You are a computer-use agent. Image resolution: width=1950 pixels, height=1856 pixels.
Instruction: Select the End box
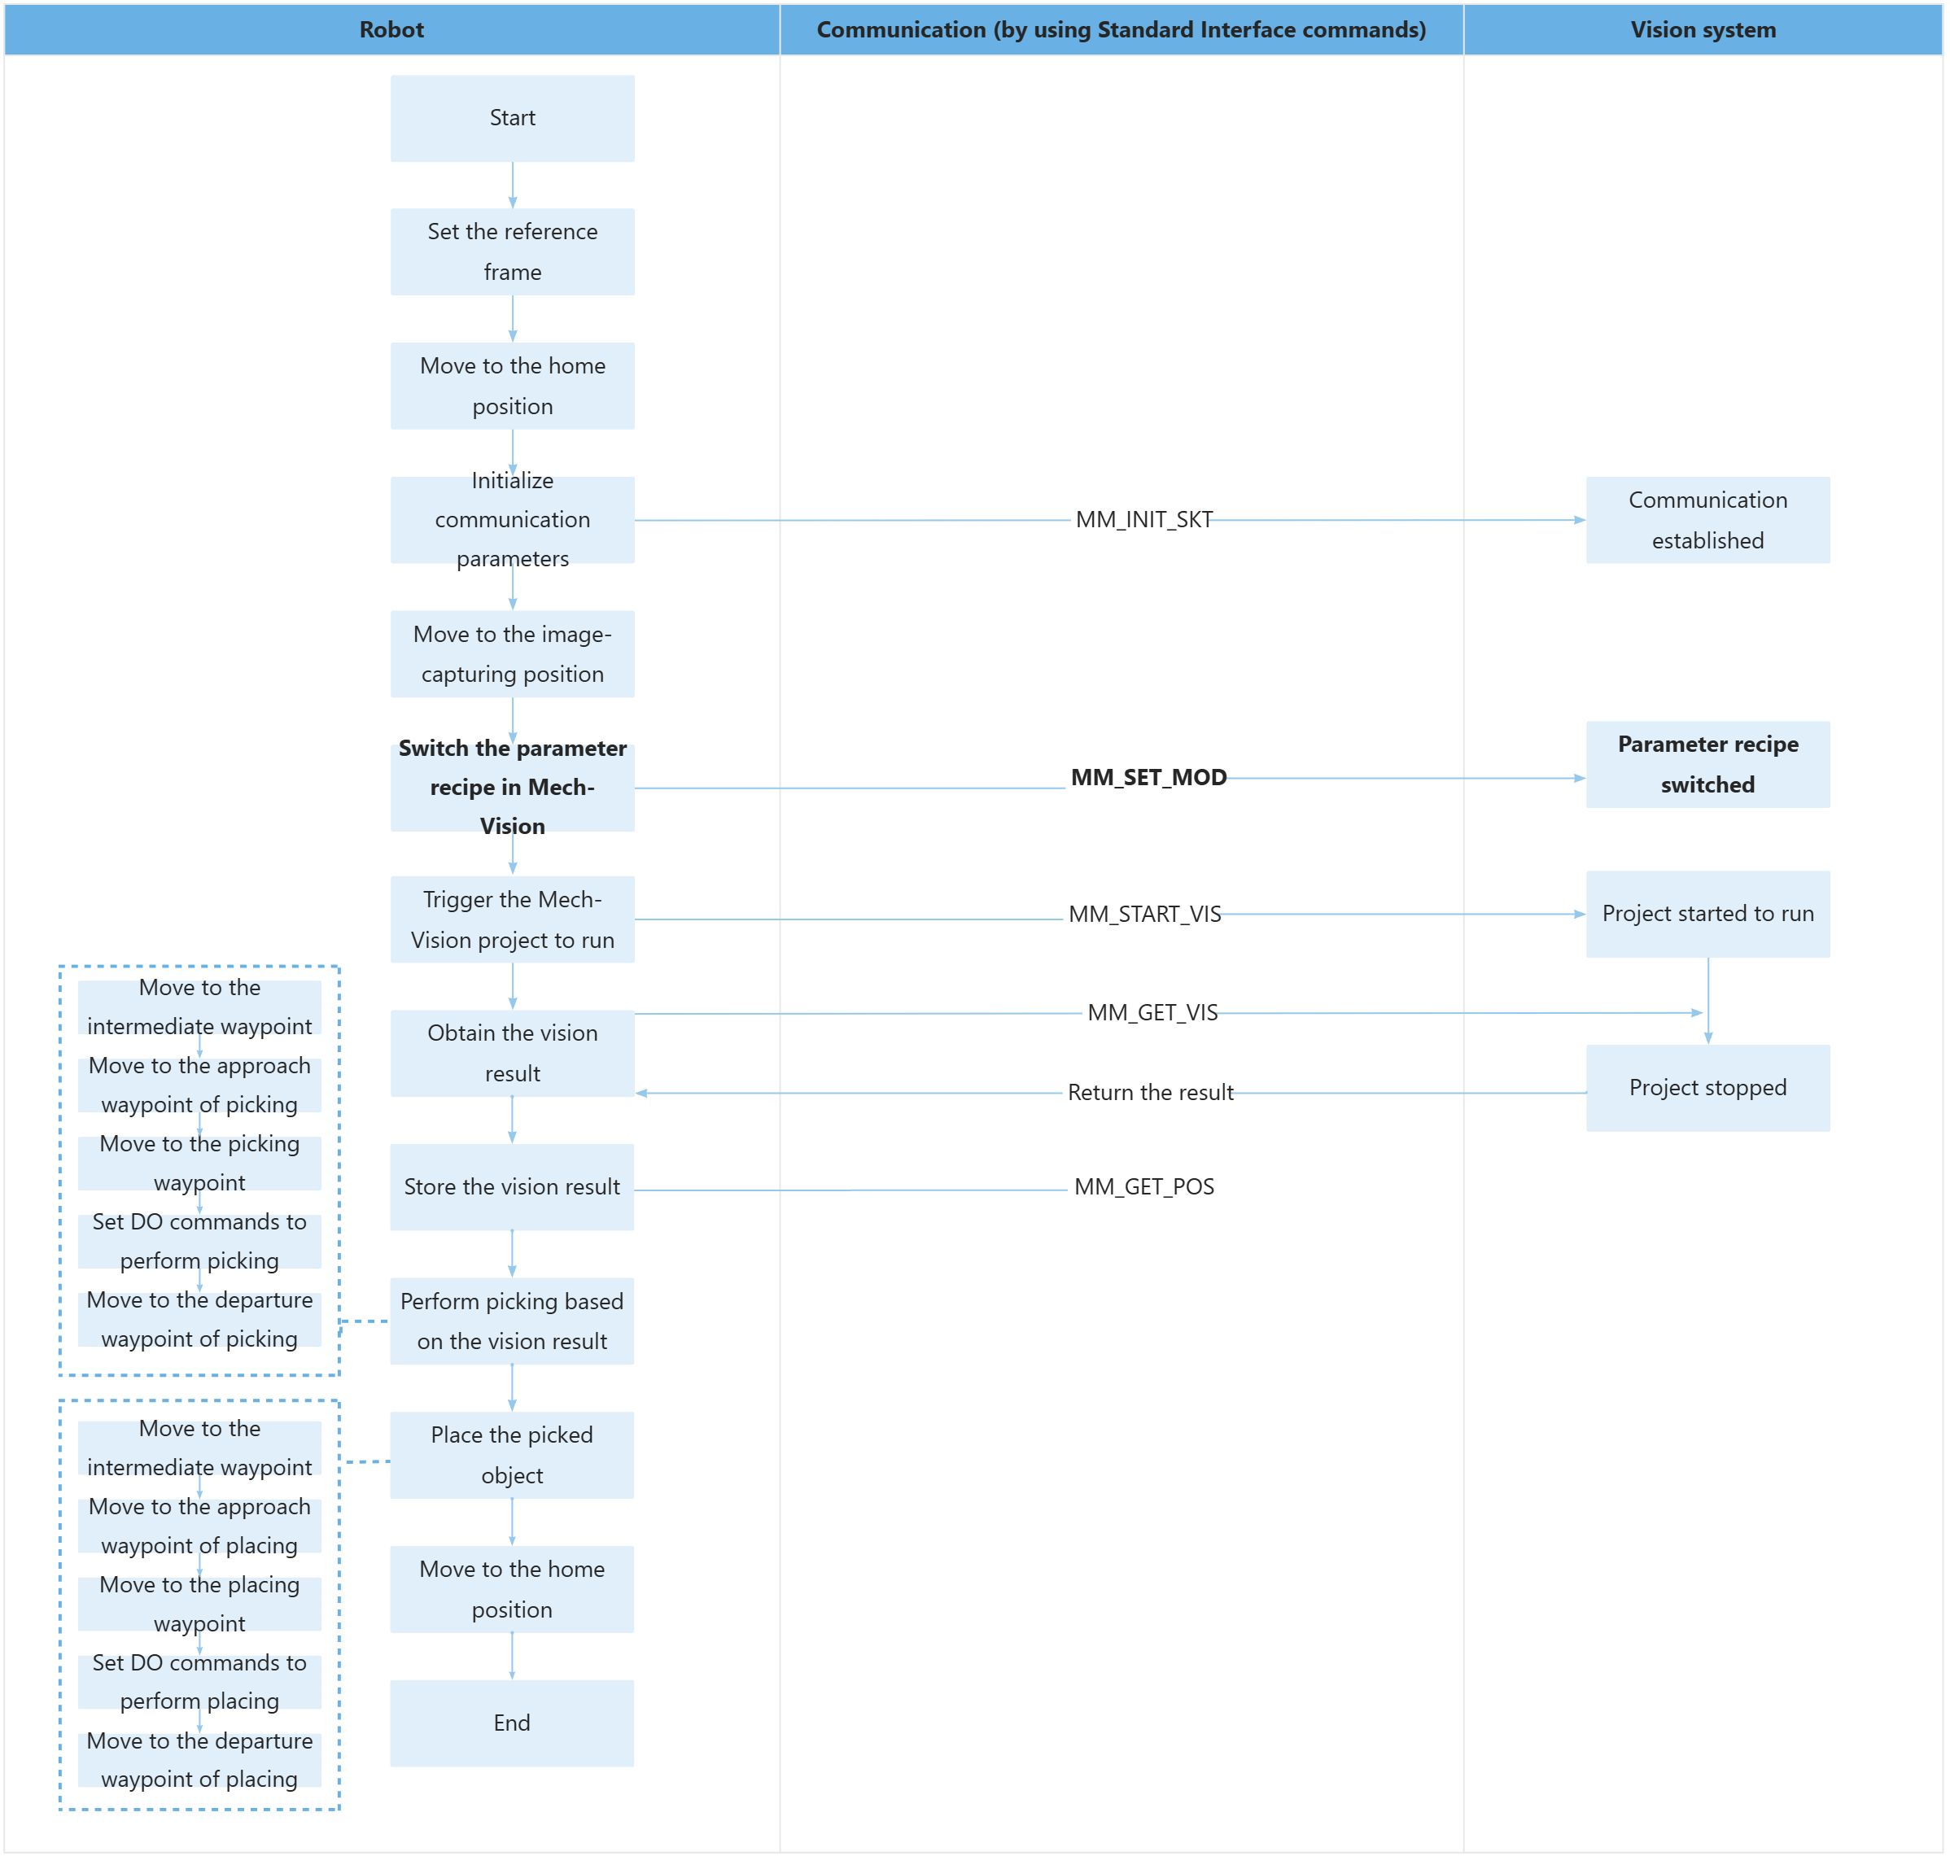(x=511, y=1723)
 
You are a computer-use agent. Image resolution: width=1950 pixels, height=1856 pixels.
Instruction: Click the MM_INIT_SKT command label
(x=1143, y=519)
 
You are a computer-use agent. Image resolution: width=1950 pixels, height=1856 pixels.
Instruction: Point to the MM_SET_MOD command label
(x=1148, y=778)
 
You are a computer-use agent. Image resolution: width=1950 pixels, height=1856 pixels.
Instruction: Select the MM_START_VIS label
(x=1144, y=914)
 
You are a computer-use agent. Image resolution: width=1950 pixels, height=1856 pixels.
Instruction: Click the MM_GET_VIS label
(x=1152, y=1013)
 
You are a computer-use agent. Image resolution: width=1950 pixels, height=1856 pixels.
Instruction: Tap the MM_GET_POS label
(x=1143, y=1187)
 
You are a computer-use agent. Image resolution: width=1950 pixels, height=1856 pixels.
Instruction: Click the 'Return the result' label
(x=1150, y=1092)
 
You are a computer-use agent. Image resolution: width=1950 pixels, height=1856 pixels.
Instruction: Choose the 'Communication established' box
(x=1707, y=521)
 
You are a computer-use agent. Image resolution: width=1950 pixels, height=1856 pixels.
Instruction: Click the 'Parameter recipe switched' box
(x=1707, y=765)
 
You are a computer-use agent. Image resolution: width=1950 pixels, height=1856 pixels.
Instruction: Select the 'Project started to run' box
(x=1707, y=914)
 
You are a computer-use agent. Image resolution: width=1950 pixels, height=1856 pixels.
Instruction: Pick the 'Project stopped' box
(x=1707, y=1088)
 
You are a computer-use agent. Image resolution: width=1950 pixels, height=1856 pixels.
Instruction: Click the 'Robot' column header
(x=391, y=29)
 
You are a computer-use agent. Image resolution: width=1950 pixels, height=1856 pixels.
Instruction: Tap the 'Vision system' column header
(x=1703, y=29)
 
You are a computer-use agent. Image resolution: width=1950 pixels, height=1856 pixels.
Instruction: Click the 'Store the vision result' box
(x=511, y=1187)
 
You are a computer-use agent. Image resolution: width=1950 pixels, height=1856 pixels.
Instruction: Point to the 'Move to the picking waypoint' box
(x=200, y=1164)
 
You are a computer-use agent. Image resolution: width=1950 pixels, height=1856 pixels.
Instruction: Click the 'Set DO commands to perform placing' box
(x=200, y=1682)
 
